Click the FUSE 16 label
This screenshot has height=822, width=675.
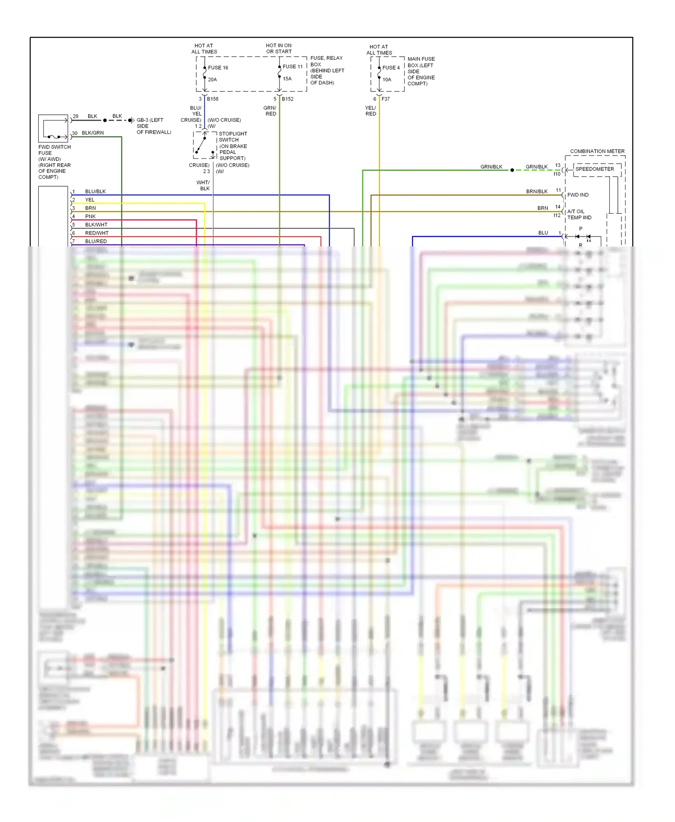[218, 68]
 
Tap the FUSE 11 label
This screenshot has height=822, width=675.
[292, 67]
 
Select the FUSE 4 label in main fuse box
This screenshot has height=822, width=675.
[391, 68]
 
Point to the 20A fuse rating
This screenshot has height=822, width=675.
[212, 80]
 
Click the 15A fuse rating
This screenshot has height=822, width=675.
[287, 79]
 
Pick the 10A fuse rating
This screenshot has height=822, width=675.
[387, 80]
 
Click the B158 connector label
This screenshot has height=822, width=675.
[212, 99]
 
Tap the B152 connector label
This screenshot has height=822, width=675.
[288, 99]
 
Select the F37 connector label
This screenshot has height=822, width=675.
[386, 99]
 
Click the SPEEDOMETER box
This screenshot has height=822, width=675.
[594, 169]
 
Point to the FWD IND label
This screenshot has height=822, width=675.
[578, 195]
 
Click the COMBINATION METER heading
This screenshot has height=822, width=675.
[597, 151]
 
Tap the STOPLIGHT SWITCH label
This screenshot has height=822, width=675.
[233, 137]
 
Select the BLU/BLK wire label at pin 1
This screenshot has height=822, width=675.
[95, 192]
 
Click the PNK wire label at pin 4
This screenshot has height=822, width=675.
[90, 216]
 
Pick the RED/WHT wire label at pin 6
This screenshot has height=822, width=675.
[97, 233]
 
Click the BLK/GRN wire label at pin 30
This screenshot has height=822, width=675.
[93, 133]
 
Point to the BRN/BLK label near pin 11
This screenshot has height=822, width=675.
[537, 192]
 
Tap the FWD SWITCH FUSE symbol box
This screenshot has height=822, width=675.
[53, 129]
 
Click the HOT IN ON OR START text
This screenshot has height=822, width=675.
[279, 49]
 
